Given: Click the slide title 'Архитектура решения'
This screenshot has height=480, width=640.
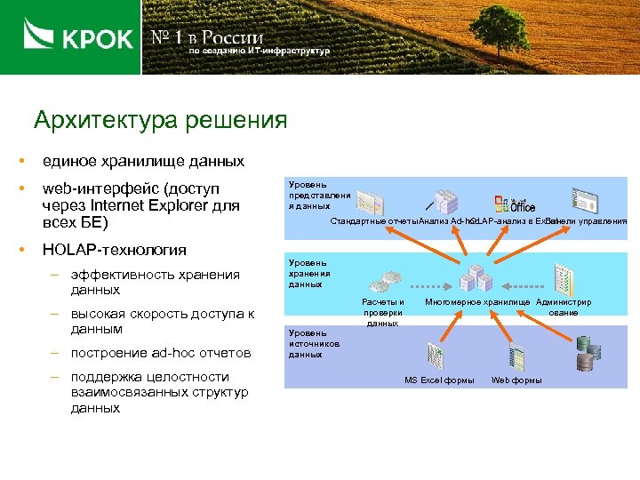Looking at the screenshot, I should [x=160, y=120].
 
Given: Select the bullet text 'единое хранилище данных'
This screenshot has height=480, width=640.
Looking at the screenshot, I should [x=143, y=162].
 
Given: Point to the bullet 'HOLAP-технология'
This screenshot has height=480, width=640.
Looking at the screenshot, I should [x=115, y=250].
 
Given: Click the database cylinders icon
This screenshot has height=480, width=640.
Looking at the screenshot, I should [x=585, y=353].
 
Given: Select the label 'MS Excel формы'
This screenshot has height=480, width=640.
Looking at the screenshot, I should [x=439, y=380].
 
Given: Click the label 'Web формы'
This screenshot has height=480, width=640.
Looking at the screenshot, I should [x=516, y=380].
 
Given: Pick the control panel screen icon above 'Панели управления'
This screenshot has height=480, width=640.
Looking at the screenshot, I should [x=584, y=200].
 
